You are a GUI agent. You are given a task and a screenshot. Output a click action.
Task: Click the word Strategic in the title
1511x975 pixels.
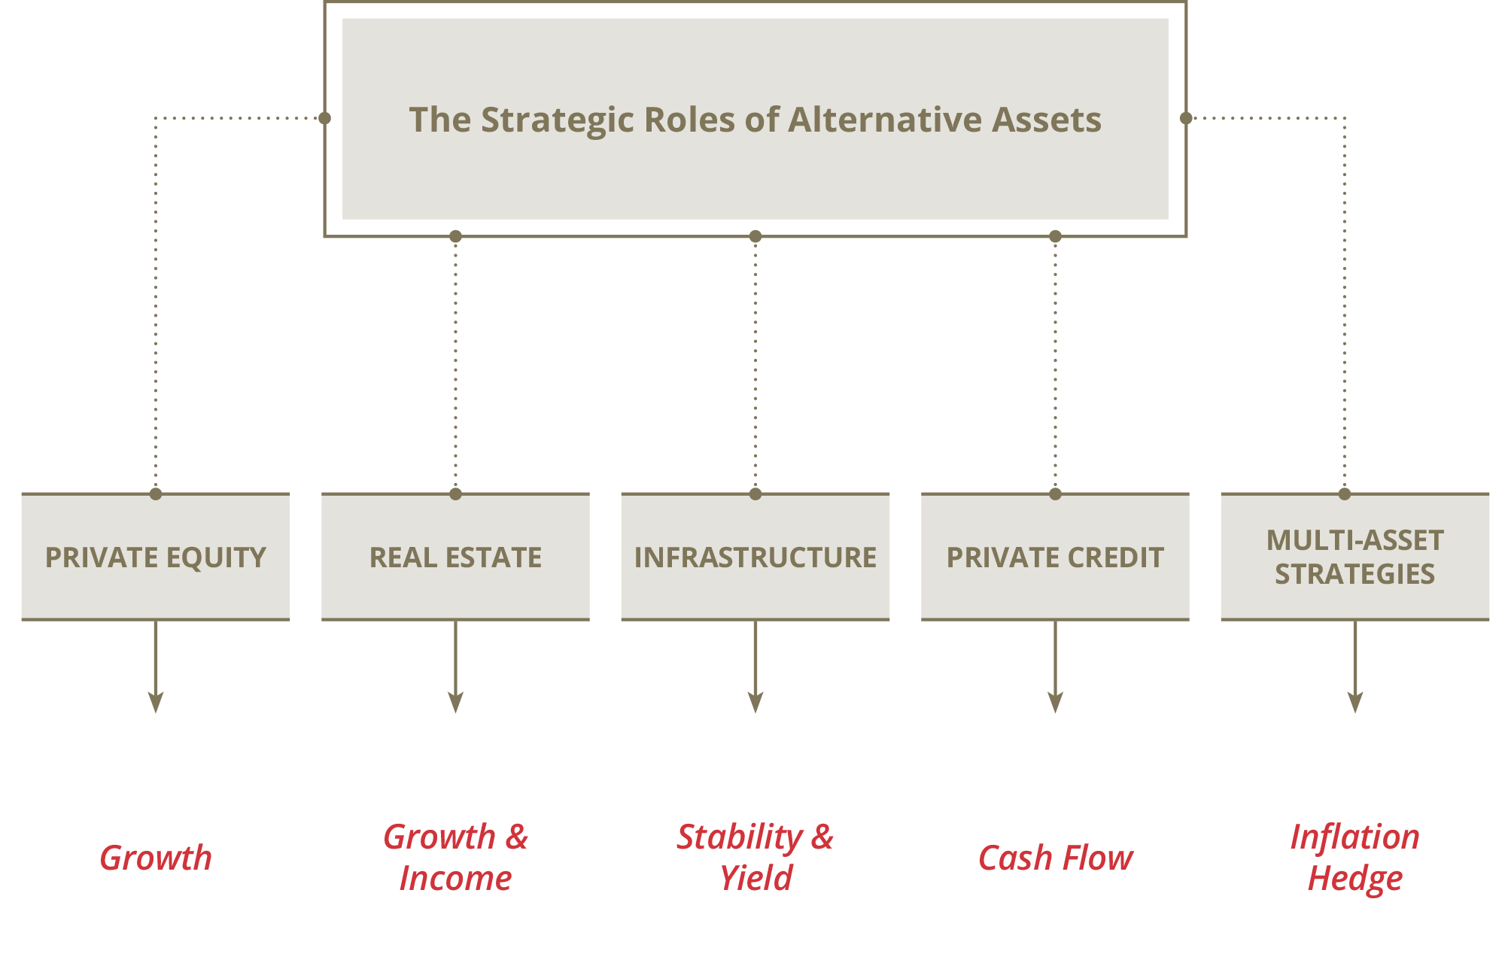[x=558, y=120]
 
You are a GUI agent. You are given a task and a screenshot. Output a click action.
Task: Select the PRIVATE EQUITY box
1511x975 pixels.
[x=156, y=557]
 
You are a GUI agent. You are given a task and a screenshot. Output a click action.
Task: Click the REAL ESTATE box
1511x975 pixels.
[x=455, y=557]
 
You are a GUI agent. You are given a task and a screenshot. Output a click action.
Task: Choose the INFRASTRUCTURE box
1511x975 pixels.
[x=755, y=557]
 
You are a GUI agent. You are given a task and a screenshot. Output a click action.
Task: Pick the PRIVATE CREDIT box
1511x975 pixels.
[x=1055, y=557]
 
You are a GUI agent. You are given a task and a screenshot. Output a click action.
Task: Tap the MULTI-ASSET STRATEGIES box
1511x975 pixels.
[x=1354, y=557]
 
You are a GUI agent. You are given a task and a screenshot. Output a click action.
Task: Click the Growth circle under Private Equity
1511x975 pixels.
[x=156, y=857]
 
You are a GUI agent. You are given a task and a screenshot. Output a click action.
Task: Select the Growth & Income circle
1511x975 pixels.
[x=455, y=857]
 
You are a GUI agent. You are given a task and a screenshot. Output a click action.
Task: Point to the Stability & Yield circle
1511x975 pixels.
[x=755, y=857]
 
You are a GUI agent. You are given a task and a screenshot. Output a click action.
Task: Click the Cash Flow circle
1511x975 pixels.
[x=1055, y=857]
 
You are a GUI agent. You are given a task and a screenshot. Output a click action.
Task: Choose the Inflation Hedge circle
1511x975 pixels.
[x=1354, y=857]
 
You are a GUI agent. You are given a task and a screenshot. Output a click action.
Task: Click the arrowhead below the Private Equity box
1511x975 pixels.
[x=156, y=702]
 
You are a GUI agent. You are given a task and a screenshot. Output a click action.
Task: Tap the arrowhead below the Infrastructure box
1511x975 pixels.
[x=755, y=702]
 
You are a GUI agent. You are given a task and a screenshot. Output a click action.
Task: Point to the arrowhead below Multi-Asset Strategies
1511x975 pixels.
[x=1354, y=702]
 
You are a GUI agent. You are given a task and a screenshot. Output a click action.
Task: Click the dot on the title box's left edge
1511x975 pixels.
[x=324, y=118]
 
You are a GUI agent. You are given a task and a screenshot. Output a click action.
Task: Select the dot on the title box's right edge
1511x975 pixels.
[x=1186, y=118]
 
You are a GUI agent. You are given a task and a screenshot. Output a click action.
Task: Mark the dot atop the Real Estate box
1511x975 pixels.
[x=455, y=494]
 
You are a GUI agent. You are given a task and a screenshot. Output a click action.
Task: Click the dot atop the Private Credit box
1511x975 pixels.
[x=1055, y=494]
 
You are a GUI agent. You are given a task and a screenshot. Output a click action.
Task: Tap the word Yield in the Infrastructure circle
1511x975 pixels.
[x=755, y=878]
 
